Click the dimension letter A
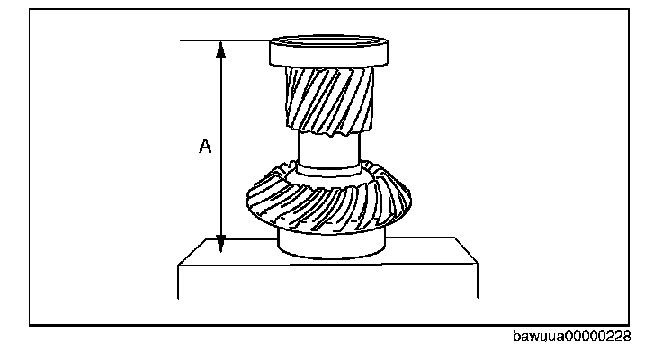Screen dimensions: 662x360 (205, 147)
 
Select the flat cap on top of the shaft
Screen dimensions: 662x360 (329, 53)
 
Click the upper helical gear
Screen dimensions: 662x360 (329, 99)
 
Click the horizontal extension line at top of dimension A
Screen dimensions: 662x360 (225, 40)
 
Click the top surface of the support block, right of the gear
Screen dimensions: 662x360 (423, 251)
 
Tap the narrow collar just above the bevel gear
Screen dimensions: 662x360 (329, 166)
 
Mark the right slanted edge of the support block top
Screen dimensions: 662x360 (467, 252)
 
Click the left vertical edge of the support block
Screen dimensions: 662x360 (179, 281)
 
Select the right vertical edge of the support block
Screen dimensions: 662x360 (478, 281)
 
